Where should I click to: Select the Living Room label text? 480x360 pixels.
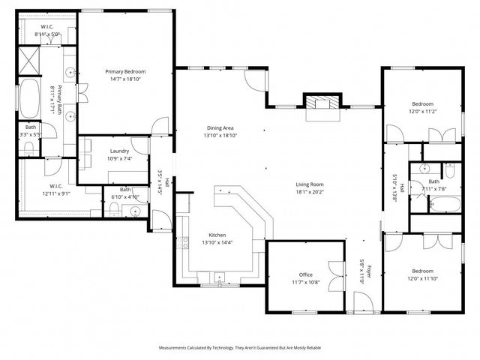coord(309,184)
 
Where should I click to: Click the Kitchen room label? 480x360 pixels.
coord(218,235)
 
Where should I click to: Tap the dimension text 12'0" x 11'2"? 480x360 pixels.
coord(423,111)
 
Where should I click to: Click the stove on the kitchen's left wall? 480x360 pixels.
coord(181,242)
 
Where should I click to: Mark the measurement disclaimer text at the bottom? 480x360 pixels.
coord(239,348)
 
